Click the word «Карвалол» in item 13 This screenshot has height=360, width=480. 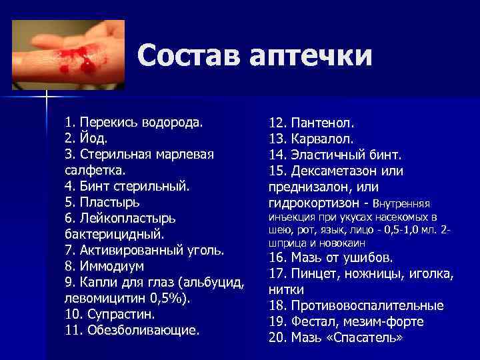pyautogui.click(x=321, y=139)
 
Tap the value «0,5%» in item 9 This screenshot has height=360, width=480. pyautogui.click(x=174, y=297)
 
